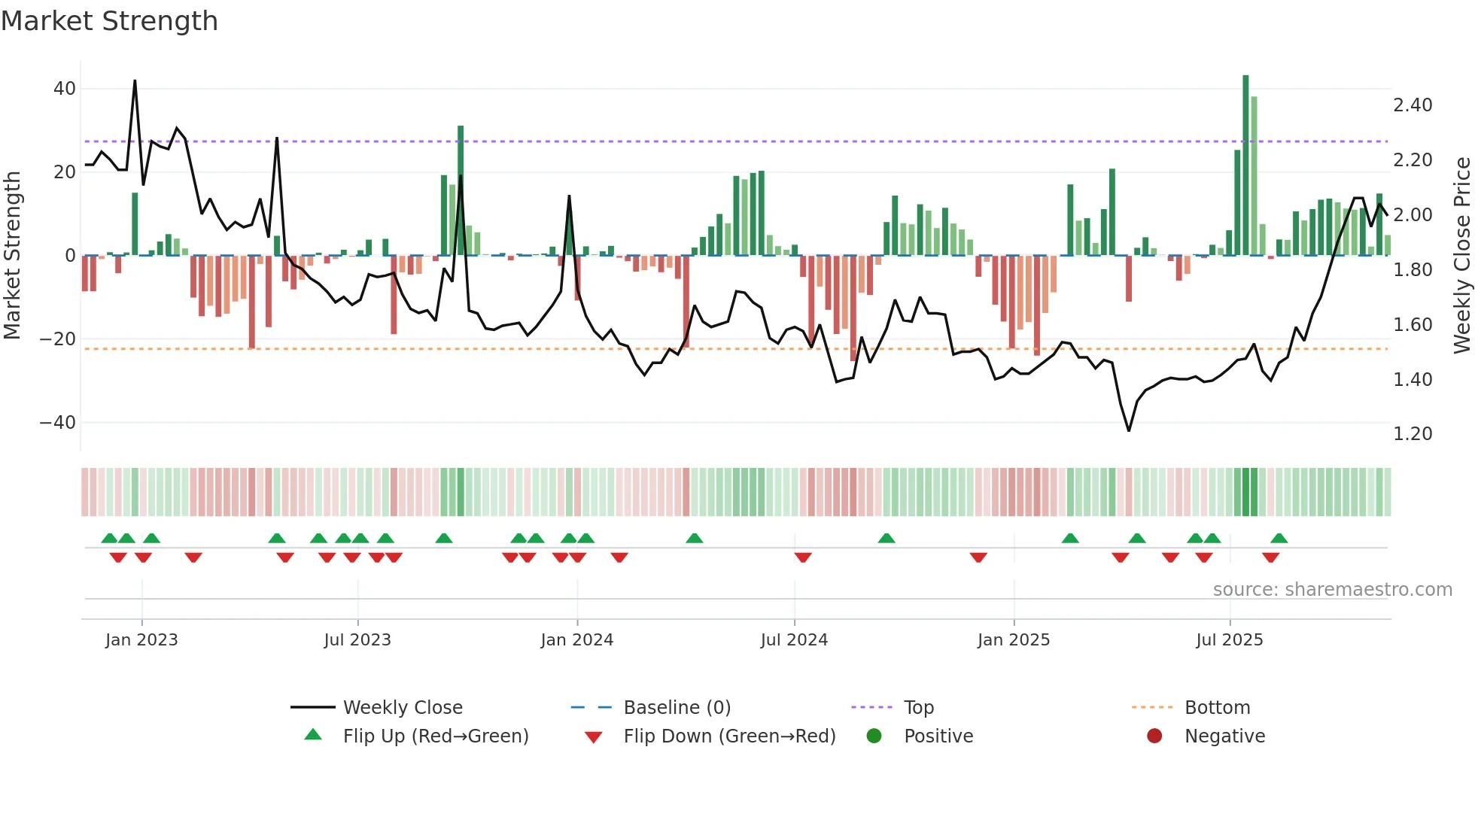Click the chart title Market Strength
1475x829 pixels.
(109, 21)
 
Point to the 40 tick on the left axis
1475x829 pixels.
(65, 89)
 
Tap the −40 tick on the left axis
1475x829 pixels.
(58, 423)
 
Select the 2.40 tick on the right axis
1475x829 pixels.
(1413, 105)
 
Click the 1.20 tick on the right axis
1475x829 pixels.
(1413, 434)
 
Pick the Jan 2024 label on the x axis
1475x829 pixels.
(576, 640)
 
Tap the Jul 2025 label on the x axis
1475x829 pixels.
(1229, 640)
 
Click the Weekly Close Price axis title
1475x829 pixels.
(1461, 256)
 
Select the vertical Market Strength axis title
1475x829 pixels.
(12, 256)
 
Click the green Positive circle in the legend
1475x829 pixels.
(874, 736)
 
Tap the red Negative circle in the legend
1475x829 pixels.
(1154, 736)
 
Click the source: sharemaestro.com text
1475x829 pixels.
(1332, 590)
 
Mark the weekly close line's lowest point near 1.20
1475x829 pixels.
(1129, 430)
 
